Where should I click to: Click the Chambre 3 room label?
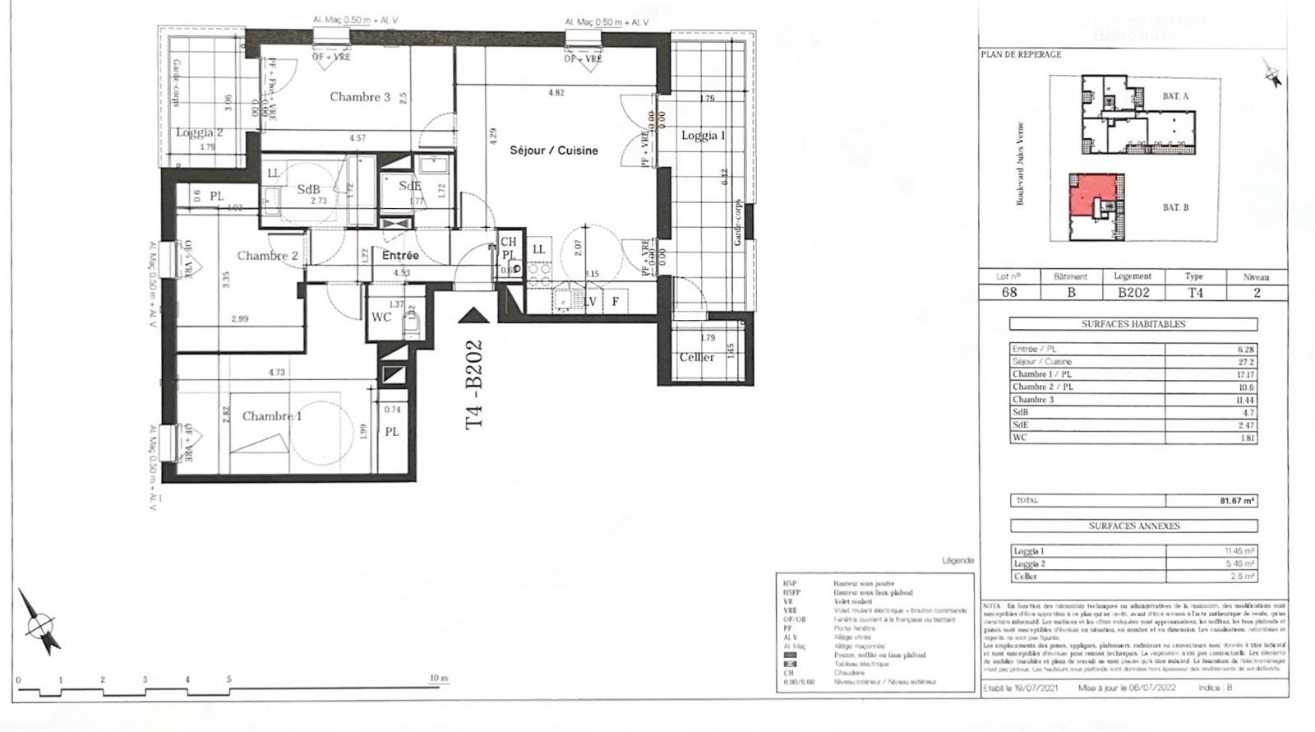click(x=360, y=97)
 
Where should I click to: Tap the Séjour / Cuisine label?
click(x=554, y=151)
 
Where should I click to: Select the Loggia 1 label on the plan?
click(x=703, y=136)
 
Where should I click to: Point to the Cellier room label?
click(x=697, y=357)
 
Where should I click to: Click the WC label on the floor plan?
click(x=381, y=317)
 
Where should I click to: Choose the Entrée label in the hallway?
click(x=400, y=256)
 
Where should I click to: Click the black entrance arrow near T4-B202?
click(x=474, y=314)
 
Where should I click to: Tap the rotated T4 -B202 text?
click(x=475, y=385)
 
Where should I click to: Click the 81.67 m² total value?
click(x=1236, y=501)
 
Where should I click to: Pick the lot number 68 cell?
click(x=1009, y=293)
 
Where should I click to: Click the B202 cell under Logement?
click(x=1133, y=293)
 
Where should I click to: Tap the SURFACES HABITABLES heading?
click(x=1133, y=324)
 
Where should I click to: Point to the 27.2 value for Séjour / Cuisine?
click(x=1245, y=362)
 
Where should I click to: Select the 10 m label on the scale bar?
click(x=439, y=679)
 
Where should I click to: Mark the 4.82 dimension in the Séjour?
click(x=556, y=93)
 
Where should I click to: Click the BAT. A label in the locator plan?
click(x=1175, y=96)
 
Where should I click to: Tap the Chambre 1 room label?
click(x=271, y=416)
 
